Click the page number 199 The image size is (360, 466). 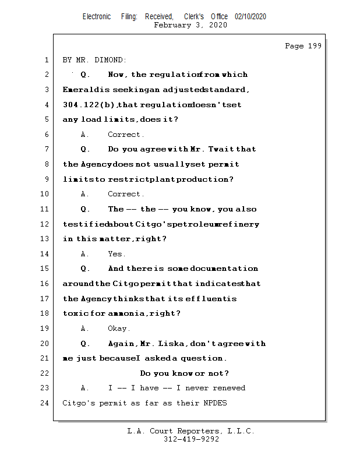(314, 46)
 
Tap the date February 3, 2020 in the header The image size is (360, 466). (190, 25)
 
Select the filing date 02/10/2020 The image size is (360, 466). (250, 17)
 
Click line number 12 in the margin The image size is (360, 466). (45, 224)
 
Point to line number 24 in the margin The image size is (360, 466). (45, 403)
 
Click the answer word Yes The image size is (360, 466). (116, 254)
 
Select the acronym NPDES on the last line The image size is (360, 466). (215, 403)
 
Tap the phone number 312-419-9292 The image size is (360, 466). (191, 439)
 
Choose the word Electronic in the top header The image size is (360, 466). (97, 17)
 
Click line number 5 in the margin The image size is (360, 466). (45, 119)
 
